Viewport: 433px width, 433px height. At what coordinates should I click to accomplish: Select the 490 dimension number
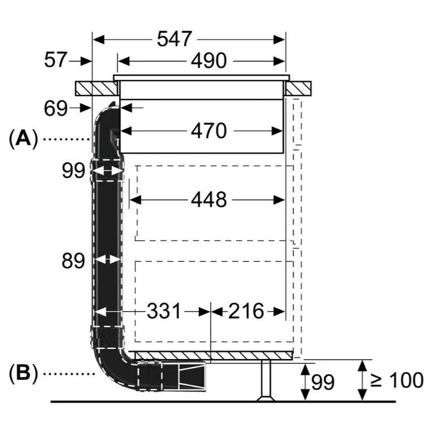click(x=208, y=60)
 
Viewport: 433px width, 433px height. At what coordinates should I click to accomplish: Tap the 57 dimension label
click(x=55, y=60)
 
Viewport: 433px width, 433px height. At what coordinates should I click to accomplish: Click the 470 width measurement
click(x=208, y=131)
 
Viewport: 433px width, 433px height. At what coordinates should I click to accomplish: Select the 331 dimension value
click(x=164, y=310)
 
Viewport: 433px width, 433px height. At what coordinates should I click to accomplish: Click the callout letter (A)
click(x=23, y=138)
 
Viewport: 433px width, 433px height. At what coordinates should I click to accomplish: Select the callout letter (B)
click(x=23, y=373)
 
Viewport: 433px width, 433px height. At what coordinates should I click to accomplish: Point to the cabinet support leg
click(x=266, y=381)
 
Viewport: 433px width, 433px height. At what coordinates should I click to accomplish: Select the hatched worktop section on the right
click(x=299, y=89)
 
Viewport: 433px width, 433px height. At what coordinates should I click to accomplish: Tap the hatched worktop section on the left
click(x=95, y=89)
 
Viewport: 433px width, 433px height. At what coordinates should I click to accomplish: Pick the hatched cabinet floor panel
click(x=215, y=356)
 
